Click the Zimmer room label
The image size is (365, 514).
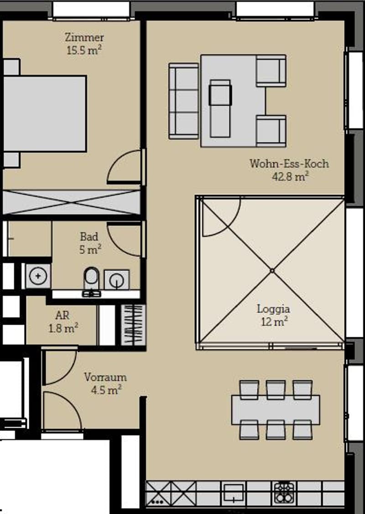84,37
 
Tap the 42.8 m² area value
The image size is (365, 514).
290,177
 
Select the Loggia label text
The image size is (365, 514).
273,309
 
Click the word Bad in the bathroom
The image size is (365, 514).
89,236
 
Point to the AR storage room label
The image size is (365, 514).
62,315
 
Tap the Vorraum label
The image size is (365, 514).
105,377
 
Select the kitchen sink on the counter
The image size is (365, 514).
233,493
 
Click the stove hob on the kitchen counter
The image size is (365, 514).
284,493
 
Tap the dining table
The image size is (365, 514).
276,410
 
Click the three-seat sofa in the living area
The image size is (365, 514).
183,101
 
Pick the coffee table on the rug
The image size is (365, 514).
220,108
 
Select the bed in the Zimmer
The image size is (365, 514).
45,113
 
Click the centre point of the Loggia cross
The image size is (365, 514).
272,270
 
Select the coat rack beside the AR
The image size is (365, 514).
133,325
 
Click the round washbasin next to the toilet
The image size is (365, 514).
117,280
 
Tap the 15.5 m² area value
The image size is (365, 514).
84,50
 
